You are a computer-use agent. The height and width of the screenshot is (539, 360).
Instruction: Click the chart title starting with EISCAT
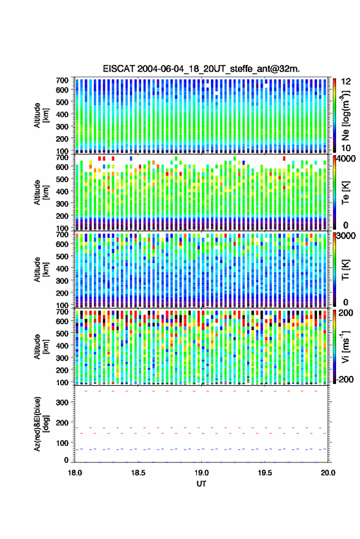coord(201,69)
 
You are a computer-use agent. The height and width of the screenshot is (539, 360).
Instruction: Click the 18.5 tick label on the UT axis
coord(138,473)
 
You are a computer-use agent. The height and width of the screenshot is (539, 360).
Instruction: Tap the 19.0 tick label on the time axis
coord(202,473)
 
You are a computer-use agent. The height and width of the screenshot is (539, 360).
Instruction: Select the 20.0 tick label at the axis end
coord(328,473)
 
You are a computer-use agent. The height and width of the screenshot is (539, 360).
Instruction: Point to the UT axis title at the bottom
coord(202,484)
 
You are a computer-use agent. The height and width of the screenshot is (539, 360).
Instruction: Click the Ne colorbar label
coord(345,115)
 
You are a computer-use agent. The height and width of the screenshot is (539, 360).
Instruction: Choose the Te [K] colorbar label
coord(345,193)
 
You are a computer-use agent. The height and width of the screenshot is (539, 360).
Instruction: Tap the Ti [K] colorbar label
coord(345,270)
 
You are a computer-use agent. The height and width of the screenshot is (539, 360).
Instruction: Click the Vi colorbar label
coord(345,346)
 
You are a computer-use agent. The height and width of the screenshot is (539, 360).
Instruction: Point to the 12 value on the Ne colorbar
coord(346,82)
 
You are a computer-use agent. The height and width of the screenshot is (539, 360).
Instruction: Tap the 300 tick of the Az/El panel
coord(62,402)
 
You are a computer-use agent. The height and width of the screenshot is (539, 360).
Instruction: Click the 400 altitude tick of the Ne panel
coord(62,114)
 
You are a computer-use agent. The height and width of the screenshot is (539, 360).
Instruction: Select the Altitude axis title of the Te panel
coord(41,193)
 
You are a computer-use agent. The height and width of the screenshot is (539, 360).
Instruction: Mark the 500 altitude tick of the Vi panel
coord(62,333)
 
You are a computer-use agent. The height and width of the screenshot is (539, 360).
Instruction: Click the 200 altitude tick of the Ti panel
coord(62,293)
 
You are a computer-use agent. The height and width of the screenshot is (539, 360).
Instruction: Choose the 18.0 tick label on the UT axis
coord(75,473)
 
